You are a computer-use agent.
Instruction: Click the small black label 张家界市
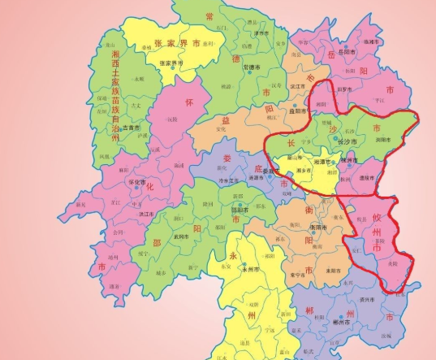pos(170,63)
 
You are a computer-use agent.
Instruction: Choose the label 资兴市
pos(367,301)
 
